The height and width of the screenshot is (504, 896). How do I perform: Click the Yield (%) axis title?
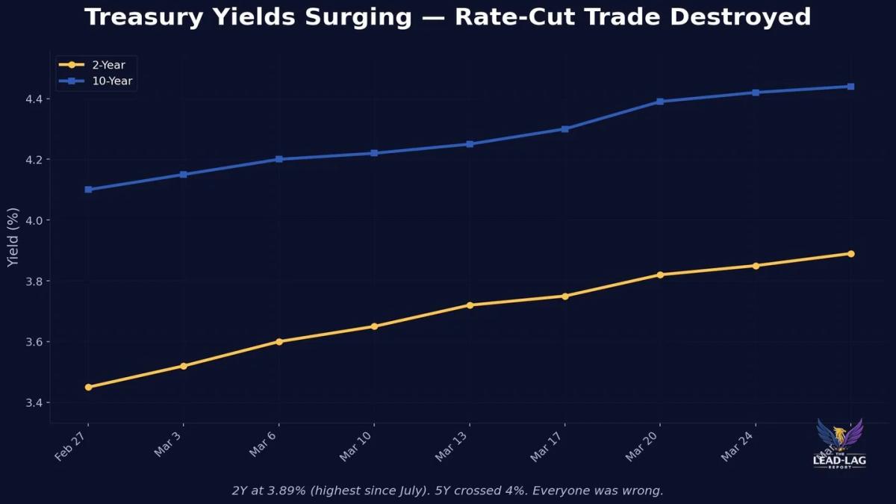click(13, 237)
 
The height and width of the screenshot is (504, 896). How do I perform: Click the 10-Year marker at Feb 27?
click(89, 190)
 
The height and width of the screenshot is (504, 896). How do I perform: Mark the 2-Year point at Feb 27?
click(89, 388)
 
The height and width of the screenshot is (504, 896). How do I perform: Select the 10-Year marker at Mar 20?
click(660, 102)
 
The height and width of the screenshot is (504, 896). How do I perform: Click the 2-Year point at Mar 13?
click(470, 305)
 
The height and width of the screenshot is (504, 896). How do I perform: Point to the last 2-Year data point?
click(850, 254)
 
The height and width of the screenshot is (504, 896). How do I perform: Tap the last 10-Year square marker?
click(850, 87)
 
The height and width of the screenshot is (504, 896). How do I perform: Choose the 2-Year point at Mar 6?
click(279, 342)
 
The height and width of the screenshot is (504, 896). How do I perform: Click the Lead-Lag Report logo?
click(839, 444)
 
